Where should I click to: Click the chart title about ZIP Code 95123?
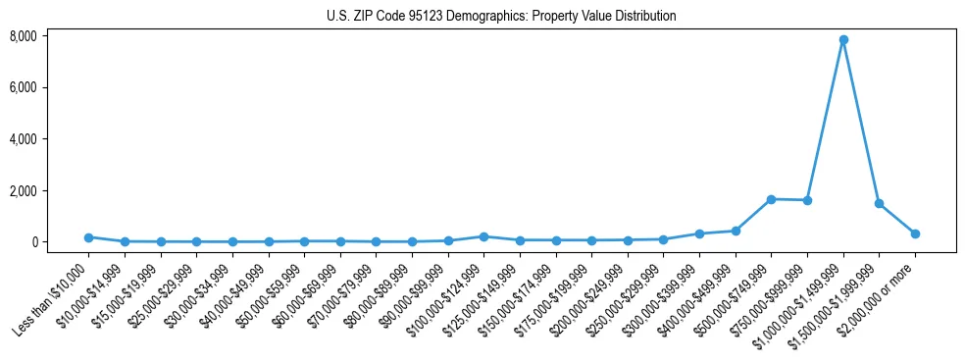click(x=501, y=17)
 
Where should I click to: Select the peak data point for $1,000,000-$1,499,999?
click(x=843, y=40)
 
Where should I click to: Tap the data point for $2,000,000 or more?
click(x=915, y=233)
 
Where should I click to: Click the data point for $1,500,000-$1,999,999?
click(x=880, y=204)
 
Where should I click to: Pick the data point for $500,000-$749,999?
click(x=772, y=199)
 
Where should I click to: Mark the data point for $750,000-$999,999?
click(x=807, y=200)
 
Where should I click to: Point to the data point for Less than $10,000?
click(x=88, y=237)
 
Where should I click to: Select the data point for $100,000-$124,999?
click(x=483, y=236)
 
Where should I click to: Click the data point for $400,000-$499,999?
click(x=736, y=231)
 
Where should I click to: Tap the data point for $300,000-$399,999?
click(x=699, y=233)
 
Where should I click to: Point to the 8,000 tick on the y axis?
click(x=24, y=36)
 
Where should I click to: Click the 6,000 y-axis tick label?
click(x=24, y=87)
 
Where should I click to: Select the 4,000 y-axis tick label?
click(x=24, y=139)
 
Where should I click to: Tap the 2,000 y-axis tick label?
click(x=24, y=190)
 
